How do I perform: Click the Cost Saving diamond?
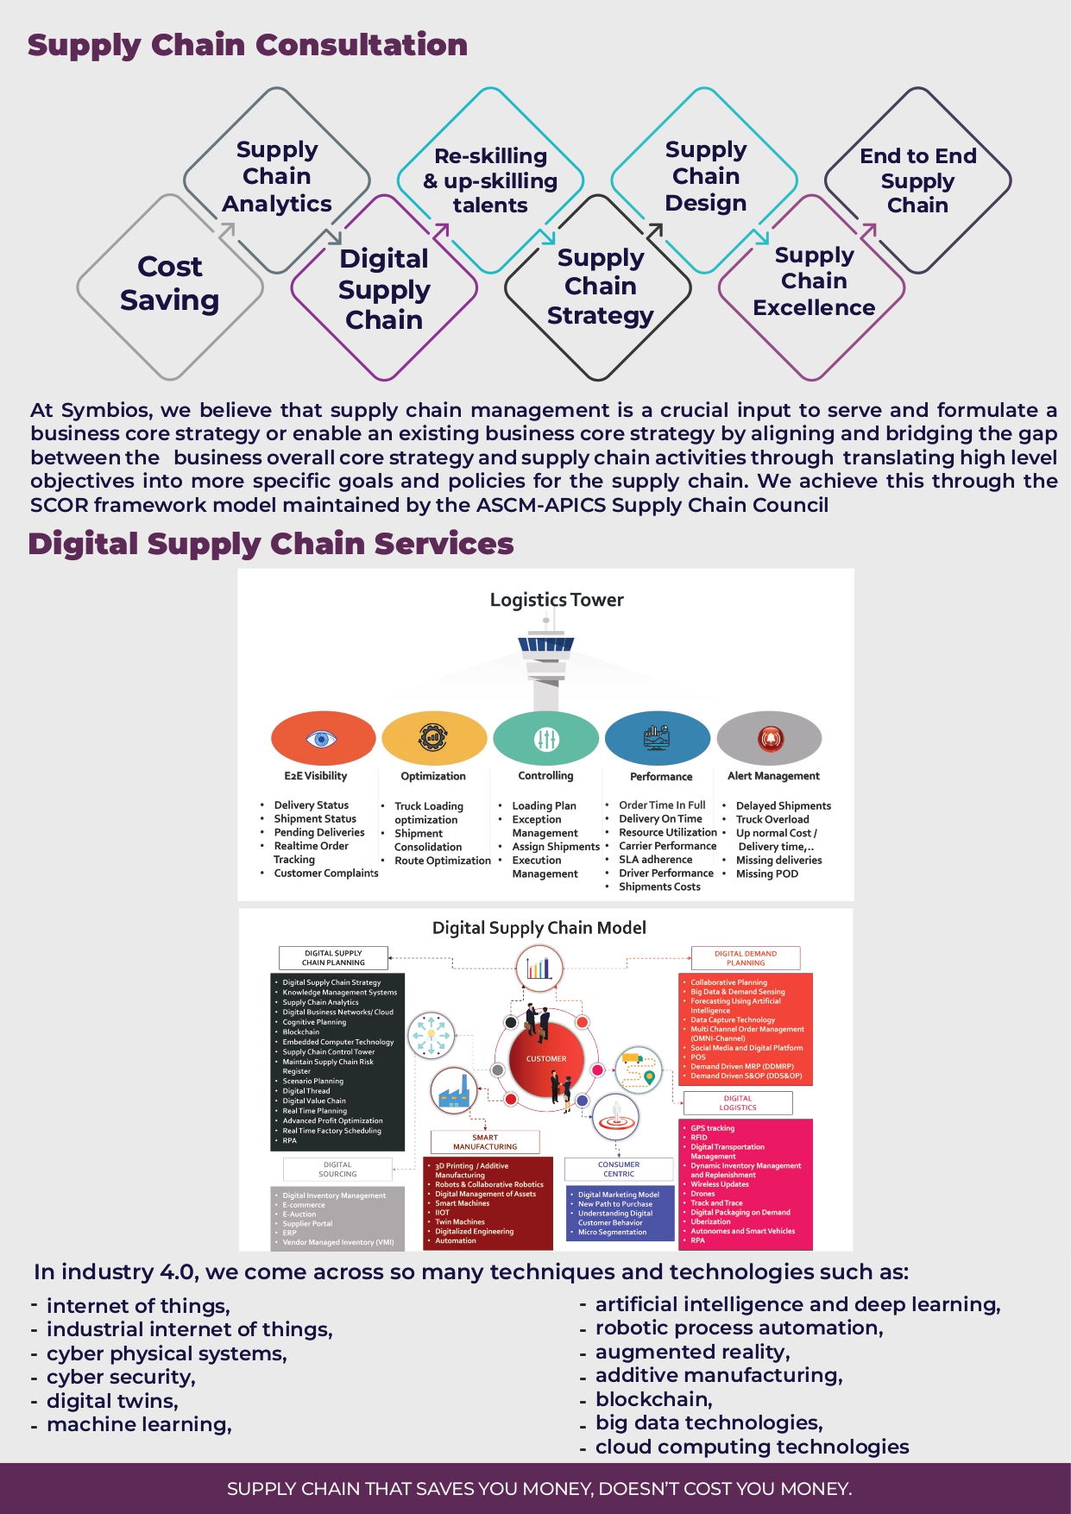[170, 285]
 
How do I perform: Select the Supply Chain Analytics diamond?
[276, 177]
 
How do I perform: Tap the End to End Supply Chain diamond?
[917, 180]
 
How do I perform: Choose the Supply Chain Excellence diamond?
[813, 282]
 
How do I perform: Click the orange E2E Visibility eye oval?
[323, 739]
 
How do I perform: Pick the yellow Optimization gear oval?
[433, 739]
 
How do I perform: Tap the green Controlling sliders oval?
[545, 739]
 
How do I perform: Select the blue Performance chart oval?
[657, 739]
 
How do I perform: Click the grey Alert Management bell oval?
[769, 739]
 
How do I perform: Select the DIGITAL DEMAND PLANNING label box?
[746, 958]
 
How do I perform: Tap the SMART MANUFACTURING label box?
[485, 1142]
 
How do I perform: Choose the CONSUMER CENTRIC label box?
[619, 1170]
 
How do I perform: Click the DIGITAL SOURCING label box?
[337, 1170]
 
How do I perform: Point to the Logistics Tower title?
[557, 600]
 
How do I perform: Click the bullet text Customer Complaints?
[326, 874]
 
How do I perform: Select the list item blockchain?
[654, 1399]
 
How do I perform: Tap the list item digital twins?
[112, 1401]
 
